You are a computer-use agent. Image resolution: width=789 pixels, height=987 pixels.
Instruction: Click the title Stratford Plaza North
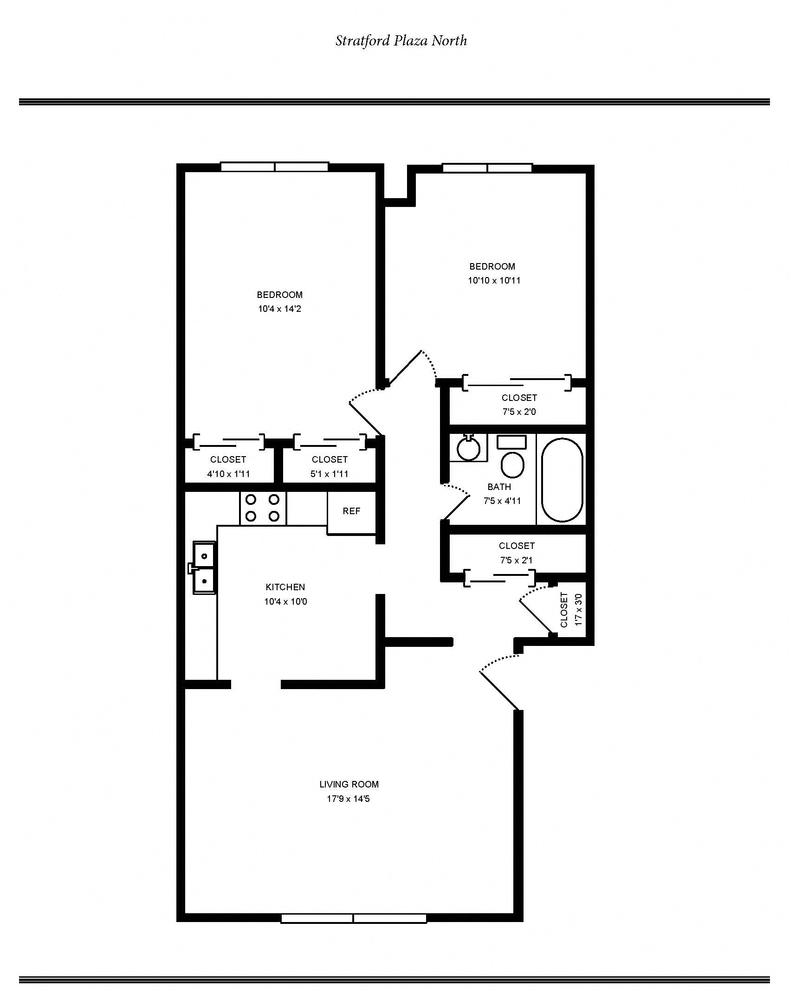pos(401,41)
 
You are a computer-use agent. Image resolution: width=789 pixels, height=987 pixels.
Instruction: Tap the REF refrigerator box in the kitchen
pos(351,512)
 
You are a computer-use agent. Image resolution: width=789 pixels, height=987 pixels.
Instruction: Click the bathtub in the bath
pos(562,480)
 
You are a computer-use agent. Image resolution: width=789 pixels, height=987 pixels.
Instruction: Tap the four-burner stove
pos(263,508)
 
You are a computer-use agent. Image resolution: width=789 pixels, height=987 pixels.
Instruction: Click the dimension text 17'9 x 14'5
pos(348,799)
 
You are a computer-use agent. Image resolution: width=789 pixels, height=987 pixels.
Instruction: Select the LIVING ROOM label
pos(349,785)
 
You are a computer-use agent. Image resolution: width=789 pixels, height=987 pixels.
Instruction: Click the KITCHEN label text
pos(285,587)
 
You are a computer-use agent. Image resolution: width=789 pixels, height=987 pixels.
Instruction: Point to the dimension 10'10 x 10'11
pos(494,281)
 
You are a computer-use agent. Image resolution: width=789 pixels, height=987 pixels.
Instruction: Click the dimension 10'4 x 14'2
pos(279,309)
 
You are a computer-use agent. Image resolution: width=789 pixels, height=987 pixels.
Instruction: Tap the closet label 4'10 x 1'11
pos(228,474)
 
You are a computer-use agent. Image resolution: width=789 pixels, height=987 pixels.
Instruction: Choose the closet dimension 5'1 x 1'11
pos(330,474)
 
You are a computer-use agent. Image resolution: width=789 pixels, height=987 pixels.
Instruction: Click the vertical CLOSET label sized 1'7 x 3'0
pos(564,610)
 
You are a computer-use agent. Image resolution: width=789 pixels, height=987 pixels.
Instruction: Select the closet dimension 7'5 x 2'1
pos(516,561)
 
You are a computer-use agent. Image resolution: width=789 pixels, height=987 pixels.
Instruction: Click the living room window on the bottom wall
pos(354,918)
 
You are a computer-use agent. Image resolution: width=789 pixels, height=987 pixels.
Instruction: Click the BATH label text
pos(499,487)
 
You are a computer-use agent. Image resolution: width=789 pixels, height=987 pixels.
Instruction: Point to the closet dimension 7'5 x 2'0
pos(519,412)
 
